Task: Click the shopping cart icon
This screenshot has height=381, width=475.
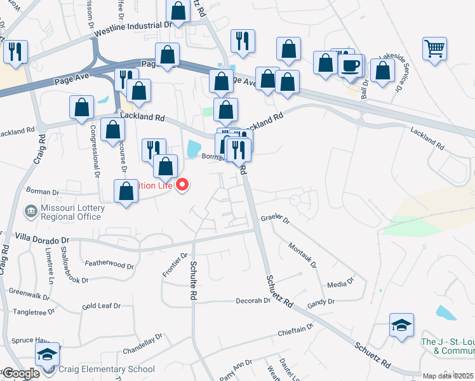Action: (x=434, y=48)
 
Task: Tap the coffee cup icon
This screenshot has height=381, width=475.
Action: (x=351, y=65)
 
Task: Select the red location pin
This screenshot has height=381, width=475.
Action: (x=183, y=185)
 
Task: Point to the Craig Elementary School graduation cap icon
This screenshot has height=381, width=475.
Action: (x=47, y=354)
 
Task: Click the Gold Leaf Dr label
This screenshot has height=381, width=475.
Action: (x=101, y=307)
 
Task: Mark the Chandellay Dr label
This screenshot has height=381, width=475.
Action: (x=143, y=344)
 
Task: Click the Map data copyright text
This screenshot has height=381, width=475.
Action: (x=448, y=376)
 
